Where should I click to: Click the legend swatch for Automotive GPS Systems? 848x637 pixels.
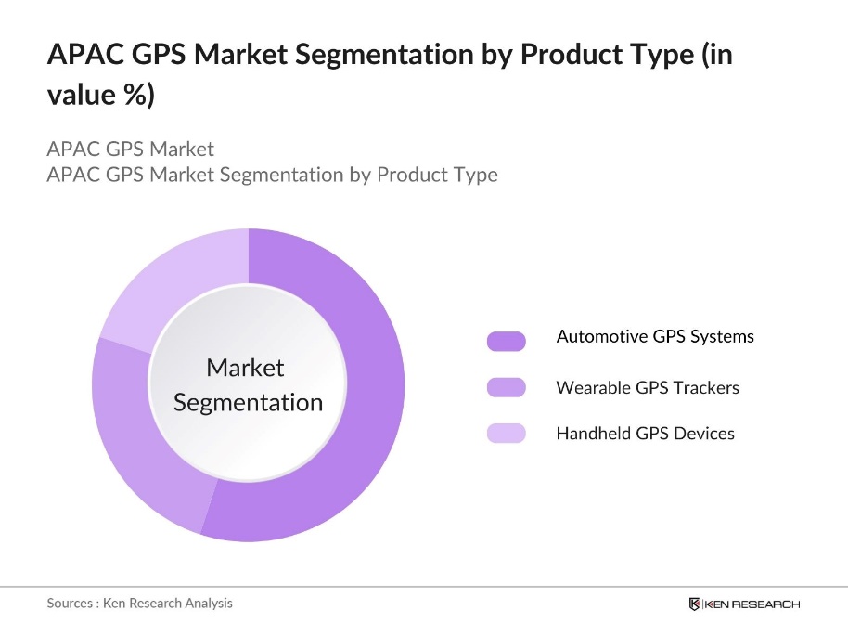506,341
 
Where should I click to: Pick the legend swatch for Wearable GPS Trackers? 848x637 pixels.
506,387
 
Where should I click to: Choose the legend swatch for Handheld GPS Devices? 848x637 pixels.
506,433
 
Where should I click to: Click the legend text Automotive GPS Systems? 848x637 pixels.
655,336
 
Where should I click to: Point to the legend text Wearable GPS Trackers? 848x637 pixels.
648,387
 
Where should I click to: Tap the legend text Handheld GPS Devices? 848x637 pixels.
645,433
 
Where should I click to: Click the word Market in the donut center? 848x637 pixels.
245,368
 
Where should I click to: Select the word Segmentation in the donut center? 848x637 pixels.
248,402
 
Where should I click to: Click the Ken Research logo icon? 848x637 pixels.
694,604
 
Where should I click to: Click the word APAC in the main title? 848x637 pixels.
82,55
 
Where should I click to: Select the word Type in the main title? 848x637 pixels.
651,55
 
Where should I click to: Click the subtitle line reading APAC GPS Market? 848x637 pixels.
130,149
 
